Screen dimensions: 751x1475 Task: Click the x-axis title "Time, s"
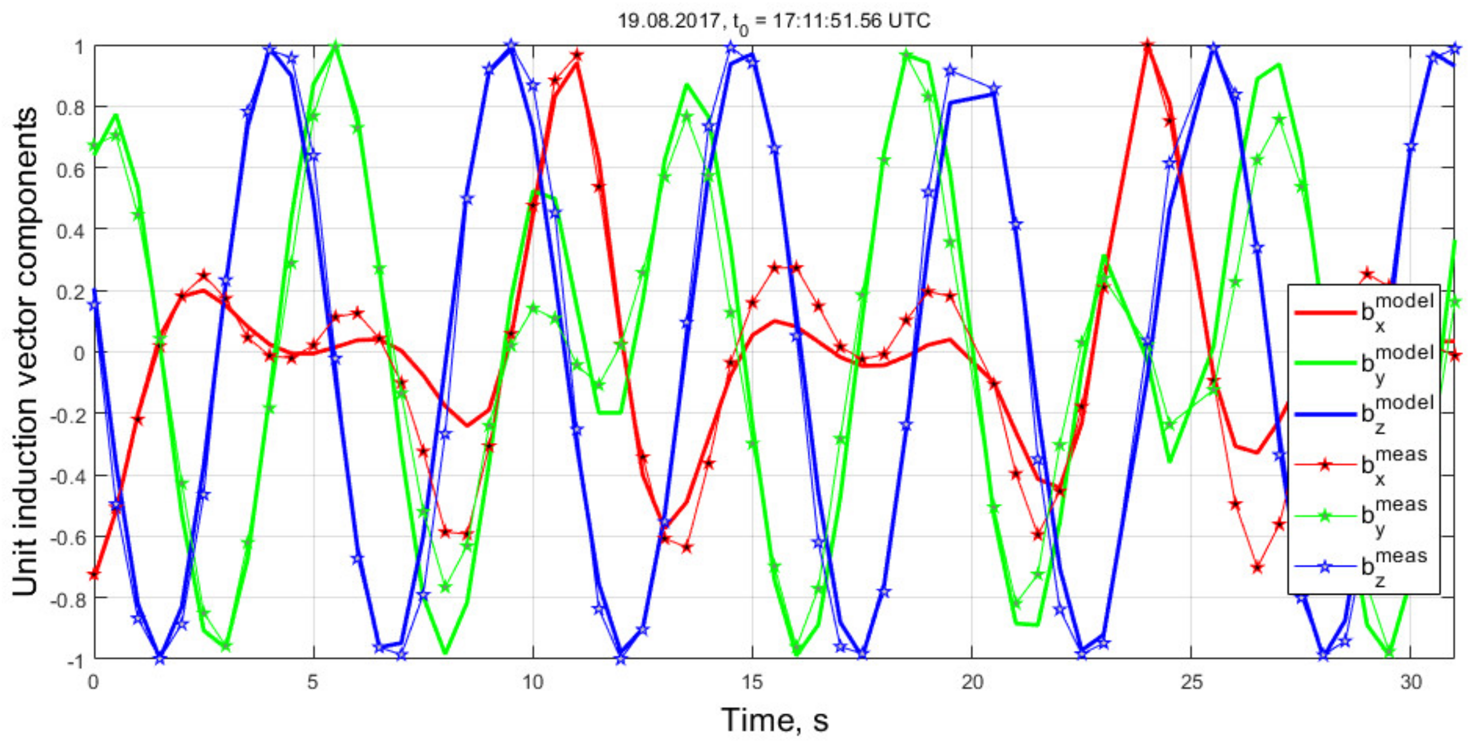tap(774, 720)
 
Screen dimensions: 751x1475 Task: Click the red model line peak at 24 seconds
tap(1148, 45)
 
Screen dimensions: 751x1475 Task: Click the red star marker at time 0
tap(94, 573)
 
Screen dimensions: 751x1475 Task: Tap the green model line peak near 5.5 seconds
tap(336, 45)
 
